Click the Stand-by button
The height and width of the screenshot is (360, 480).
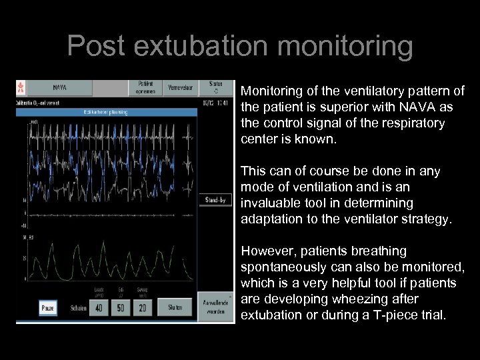(x=215, y=199)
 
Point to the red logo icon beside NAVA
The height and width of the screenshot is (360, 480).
(x=20, y=87)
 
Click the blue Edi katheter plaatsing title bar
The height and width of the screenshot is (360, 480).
(x=107, y=112)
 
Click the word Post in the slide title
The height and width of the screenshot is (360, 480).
(x=95, y=47)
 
